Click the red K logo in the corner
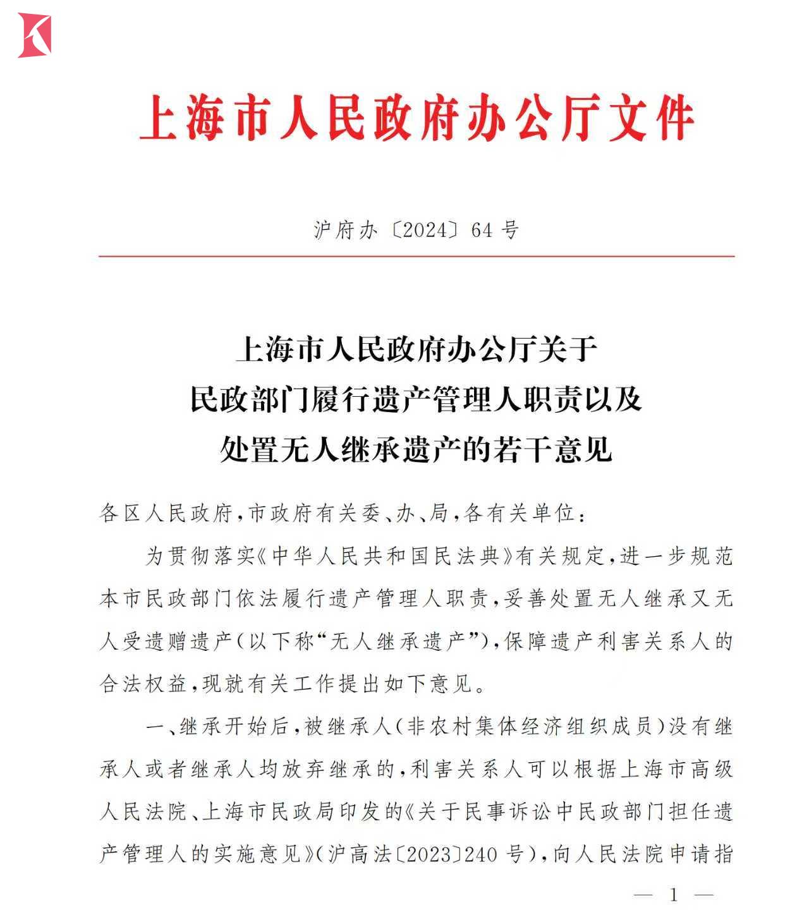(x=35, y=35)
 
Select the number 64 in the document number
(x=481, y=230)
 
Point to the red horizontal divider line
(x=417, y=257)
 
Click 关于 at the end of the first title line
(x=567, y=349)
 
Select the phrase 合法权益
(x=143, y=684)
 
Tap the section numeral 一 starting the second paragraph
(x=155, y=727)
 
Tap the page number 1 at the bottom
(x=674, y=895)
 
